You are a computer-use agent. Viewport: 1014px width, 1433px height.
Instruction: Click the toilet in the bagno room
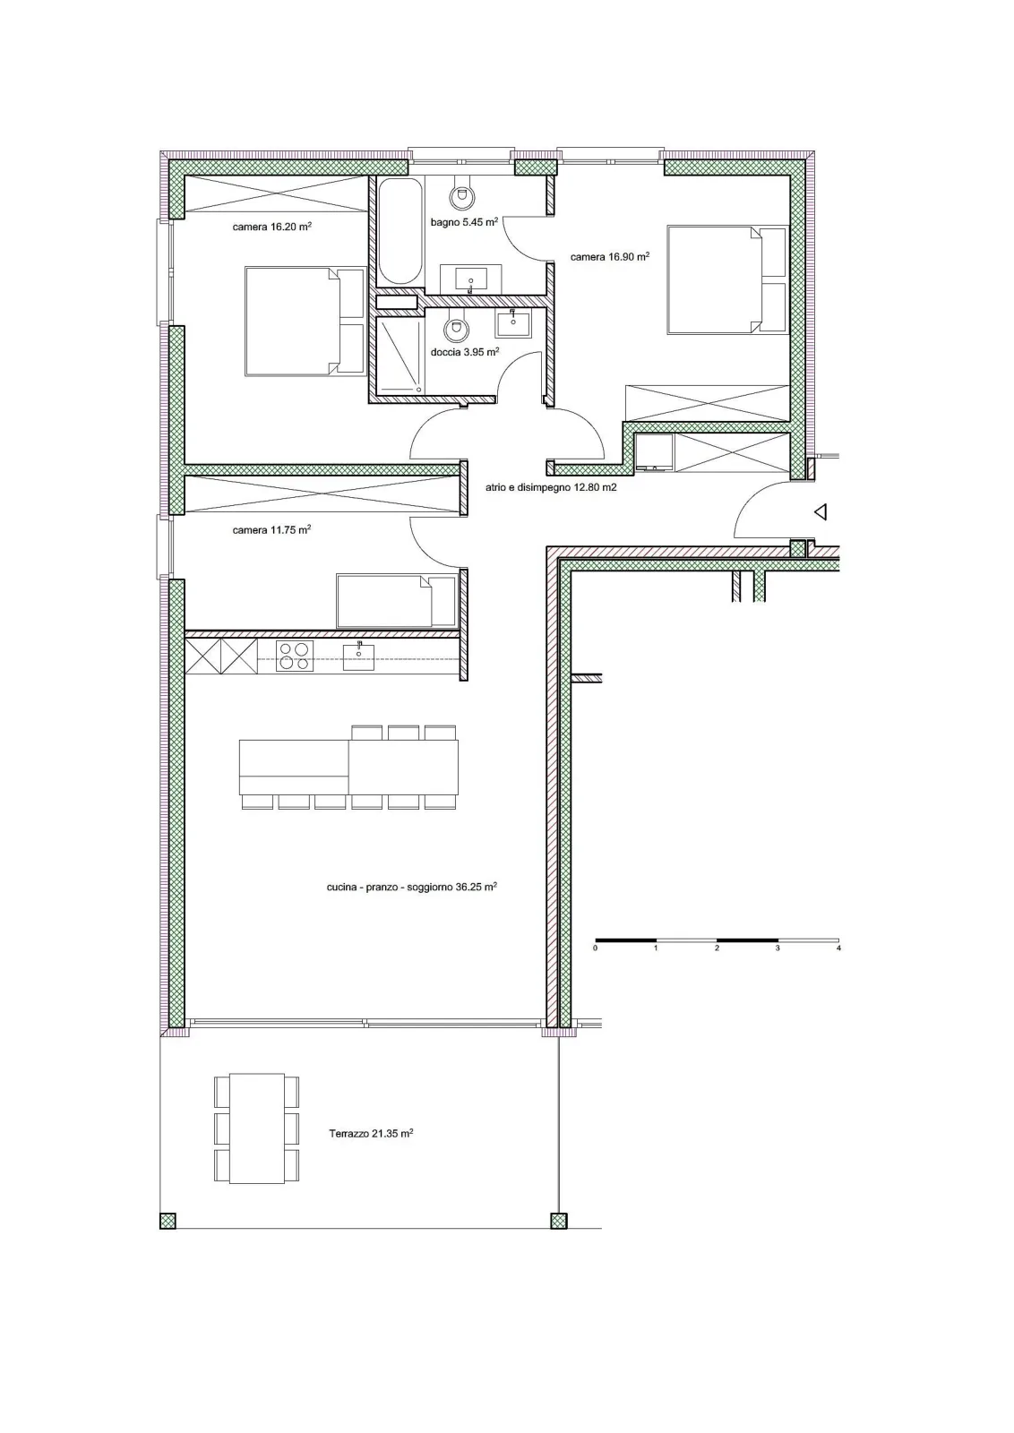(460, 194)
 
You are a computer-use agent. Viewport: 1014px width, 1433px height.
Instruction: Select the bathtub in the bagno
(400, 231)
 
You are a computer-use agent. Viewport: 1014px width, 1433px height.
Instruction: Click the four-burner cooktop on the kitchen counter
(295, 656)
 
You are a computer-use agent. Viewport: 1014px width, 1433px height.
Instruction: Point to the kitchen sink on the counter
(358, 656)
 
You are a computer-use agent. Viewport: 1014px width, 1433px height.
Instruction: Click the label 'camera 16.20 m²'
(272, 227)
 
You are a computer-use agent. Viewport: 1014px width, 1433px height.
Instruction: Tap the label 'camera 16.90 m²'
(610, 256)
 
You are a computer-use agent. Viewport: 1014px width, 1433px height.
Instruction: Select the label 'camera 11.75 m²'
(272, 529)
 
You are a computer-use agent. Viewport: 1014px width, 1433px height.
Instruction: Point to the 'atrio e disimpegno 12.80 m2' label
(551, 487)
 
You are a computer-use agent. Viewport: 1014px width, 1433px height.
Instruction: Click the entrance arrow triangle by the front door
(821, 511)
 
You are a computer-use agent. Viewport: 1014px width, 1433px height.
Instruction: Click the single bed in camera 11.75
(397, 600)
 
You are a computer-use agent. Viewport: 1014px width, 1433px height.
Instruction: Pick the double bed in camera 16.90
(726, 279)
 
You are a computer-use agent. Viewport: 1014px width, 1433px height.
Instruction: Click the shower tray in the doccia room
(400, 355)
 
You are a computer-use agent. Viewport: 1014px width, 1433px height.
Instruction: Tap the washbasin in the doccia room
(512, 323)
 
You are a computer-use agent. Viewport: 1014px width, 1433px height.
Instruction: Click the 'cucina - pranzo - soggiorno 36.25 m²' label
(412, 888)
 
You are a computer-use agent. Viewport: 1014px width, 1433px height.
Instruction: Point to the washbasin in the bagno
(471, 279)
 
